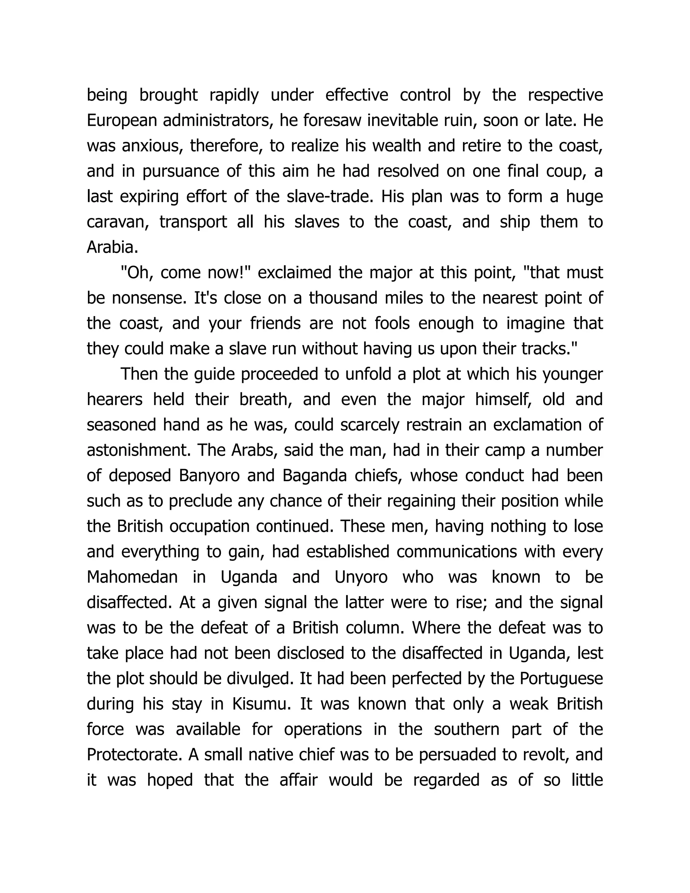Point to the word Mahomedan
pos(132,577)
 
